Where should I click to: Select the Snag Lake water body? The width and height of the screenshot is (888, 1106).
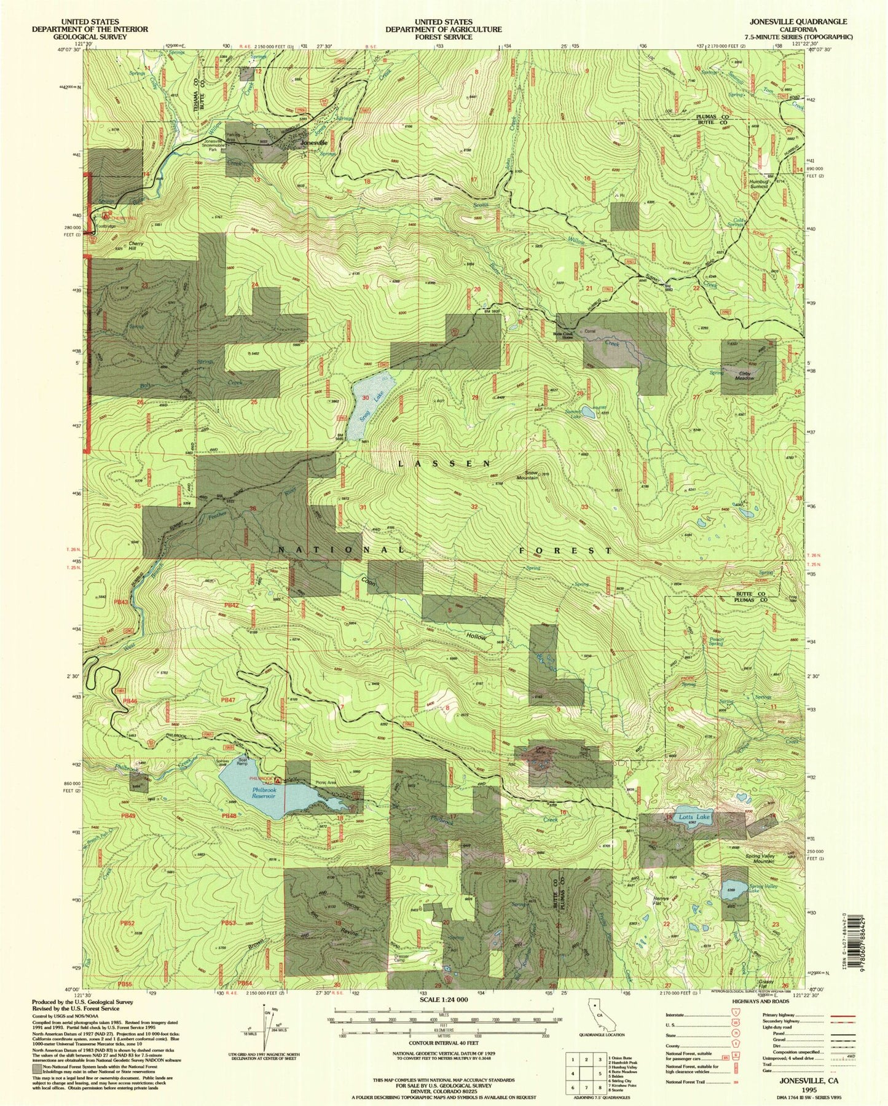[x=367, y=406]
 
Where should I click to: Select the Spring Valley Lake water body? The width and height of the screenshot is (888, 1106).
[x=735, y=889]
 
